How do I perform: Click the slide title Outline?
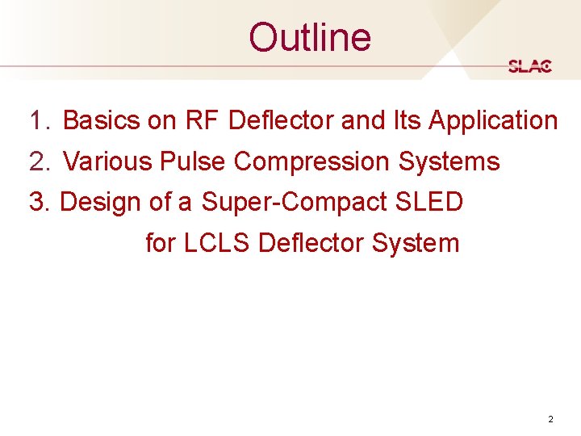(x=310, y=37)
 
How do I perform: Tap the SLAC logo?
(x=530, y=66)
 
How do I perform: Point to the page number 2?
(x=550, y=419)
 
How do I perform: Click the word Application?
(x=493, y=121)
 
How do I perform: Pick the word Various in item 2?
(x=108, y=161)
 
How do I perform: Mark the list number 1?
(x=39, y=121)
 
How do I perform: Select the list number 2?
(x=39, y=161)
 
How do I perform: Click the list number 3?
(x=39, y=202)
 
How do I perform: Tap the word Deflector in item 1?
(x=281, y=121)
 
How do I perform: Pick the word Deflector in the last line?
(x=311, y=242)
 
